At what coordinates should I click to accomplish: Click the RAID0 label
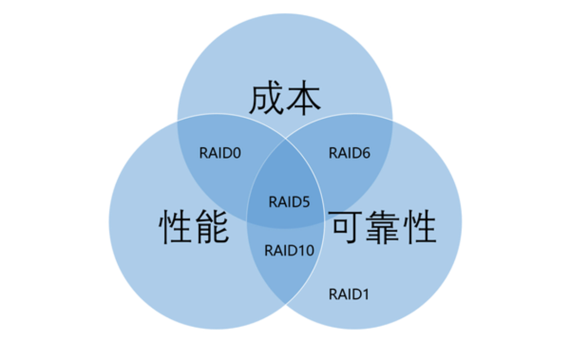click(220, 152)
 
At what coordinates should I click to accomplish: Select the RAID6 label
click(349, 152)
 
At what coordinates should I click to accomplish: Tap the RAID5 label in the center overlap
click(289, 201)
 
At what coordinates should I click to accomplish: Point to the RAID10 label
click(289, 249)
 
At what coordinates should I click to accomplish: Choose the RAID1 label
click(349, 294)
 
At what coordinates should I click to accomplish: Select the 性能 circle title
click(194, 226)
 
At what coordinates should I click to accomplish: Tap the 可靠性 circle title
click(383, 226)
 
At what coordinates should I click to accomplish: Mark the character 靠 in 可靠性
click(383, 226)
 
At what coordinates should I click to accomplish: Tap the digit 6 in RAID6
click(365, 152)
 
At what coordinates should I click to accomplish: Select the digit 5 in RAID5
click(305, 201)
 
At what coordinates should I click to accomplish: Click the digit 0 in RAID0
click(236, 152)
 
